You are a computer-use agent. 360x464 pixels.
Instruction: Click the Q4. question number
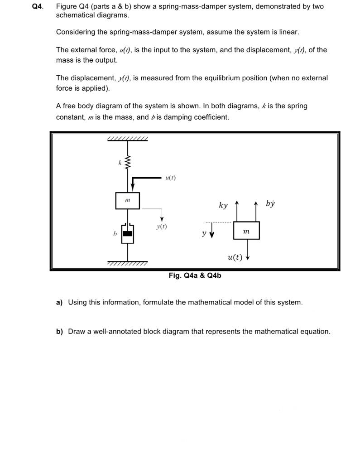pos(38,7)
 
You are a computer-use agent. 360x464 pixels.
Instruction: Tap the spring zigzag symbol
pos(128,161)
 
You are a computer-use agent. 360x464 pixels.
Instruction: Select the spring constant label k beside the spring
pos(120,162)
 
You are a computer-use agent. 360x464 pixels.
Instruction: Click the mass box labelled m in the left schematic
pos(127,200)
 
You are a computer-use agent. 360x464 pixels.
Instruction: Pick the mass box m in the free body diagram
pos(246,231)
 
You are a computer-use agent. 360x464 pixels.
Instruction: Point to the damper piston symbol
pos(128,233)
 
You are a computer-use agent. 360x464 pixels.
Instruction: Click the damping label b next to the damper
pos(115,234)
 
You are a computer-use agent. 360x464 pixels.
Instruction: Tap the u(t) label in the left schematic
pos(171,178)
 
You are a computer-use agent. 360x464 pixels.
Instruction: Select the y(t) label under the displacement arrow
pos(161,226)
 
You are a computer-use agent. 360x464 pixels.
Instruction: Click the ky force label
pos(223,205)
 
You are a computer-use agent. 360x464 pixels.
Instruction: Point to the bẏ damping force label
pos(270,203)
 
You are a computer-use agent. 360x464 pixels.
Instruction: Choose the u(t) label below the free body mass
pos(235,257)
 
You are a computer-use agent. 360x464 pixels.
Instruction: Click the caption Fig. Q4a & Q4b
pos(195,275)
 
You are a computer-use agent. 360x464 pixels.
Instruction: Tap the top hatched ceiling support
pos(128,139)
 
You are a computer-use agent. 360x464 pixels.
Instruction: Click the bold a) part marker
pos(59,302)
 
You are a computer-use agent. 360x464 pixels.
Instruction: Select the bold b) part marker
pos(59,332)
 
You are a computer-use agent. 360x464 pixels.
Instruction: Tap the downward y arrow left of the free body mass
pos(212,234)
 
